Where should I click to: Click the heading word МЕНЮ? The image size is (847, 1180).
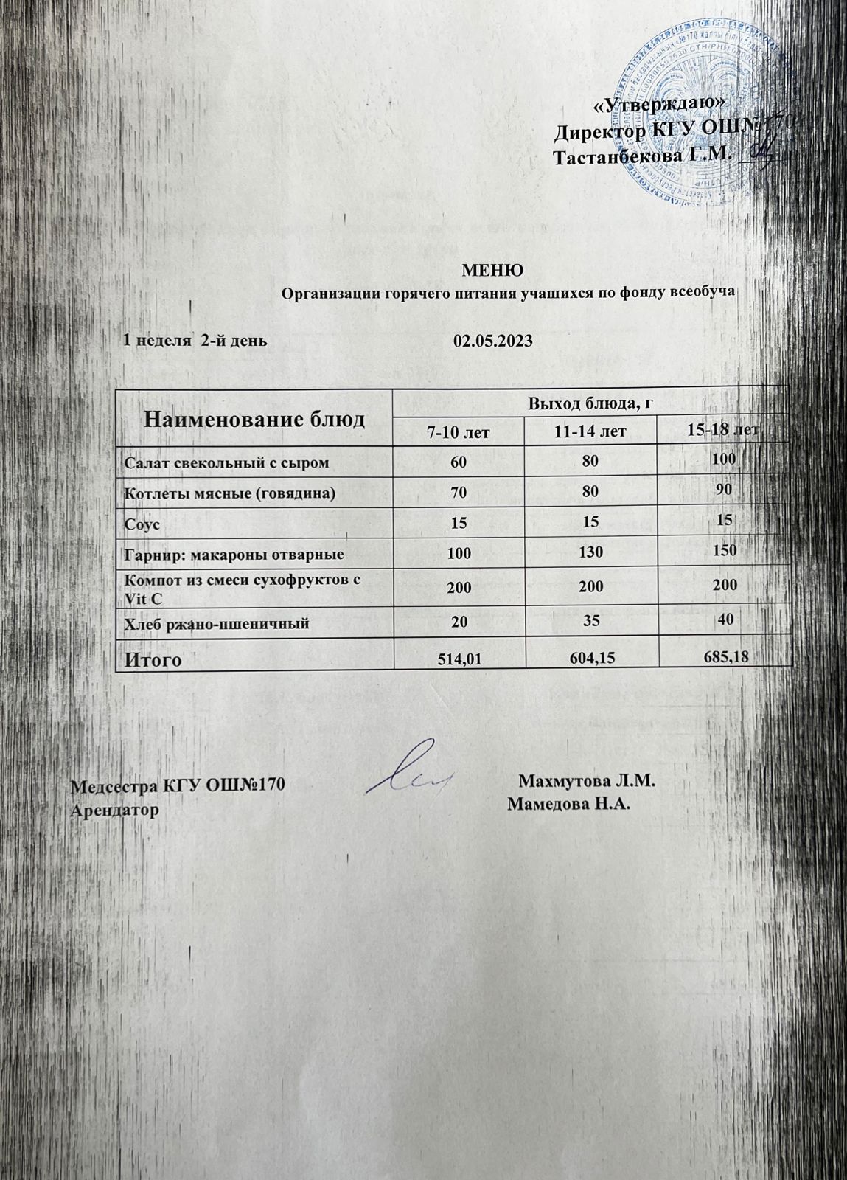[494, 268]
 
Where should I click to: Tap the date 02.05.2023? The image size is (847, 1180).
[493, 341]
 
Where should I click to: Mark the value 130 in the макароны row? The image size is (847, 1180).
[590, 552]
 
